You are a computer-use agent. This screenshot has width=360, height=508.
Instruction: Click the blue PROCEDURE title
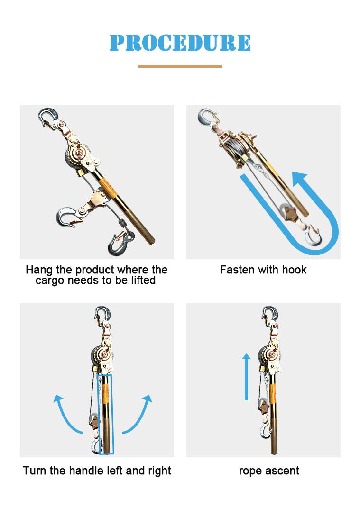pos(180,43)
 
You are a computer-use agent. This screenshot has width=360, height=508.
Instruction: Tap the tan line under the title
pos(180,66)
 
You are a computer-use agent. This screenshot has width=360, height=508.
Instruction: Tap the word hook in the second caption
pos(294,270)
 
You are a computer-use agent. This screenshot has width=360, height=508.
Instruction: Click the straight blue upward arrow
pos(247,376)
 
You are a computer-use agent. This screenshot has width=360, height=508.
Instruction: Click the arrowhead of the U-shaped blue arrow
pos(300,179)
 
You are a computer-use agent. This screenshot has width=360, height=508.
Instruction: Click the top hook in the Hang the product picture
pos(49,116)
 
